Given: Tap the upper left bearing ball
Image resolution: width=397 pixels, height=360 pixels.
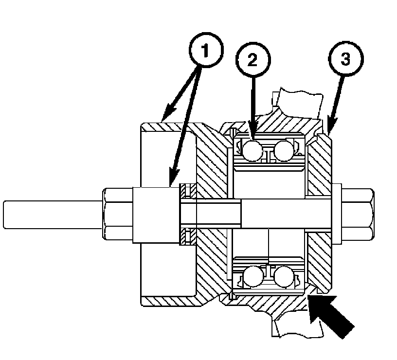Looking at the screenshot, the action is pyautogui.click(x=253, y=151).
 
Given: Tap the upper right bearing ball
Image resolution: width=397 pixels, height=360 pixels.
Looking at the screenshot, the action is pyautogui.click(x=284, y=151).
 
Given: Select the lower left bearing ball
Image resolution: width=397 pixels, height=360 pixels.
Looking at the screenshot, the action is pyautogui.click(x=253, y=276).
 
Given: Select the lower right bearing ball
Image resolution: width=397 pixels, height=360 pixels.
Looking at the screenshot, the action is pyautogui.click(x=284, y=276).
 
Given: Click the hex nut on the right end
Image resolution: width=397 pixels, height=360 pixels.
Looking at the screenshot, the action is pyautogui.click(x=357, y=214).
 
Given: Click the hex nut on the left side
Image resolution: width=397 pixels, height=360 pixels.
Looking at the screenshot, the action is pyautogui.click(x=118, y=214).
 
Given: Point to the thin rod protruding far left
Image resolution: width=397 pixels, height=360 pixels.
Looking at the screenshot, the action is pyautogui.click(x=53, y=215).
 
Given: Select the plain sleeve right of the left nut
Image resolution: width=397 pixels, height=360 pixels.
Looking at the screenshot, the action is pyautogui.click(x=156, y=215).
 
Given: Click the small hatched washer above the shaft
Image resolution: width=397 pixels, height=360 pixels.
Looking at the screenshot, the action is pyautogui.click(x=188, y=191).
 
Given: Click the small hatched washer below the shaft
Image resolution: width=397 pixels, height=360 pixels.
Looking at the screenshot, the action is pyautogui.click(x=188, y=236).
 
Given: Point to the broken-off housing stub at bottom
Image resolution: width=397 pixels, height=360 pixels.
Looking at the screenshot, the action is pyautogui.click(x=298, y=326).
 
